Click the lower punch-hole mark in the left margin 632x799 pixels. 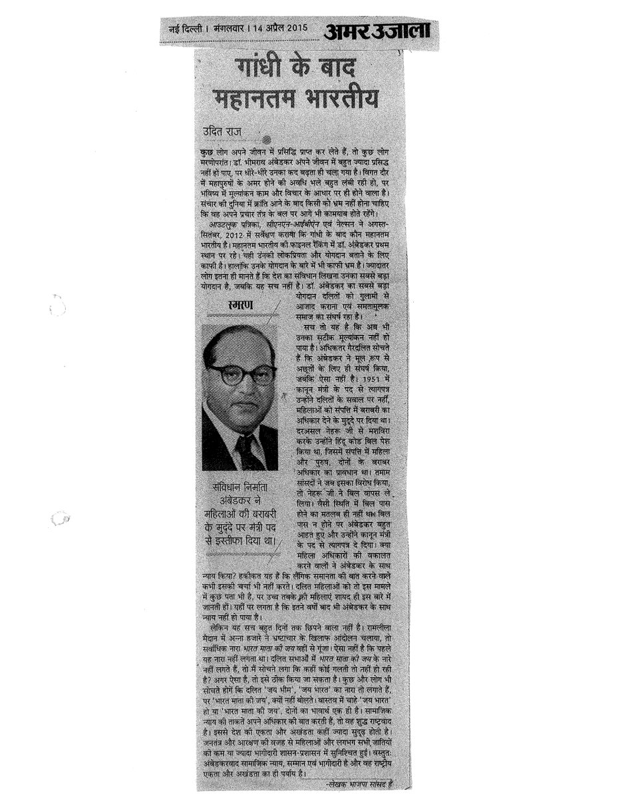coord(59,517)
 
